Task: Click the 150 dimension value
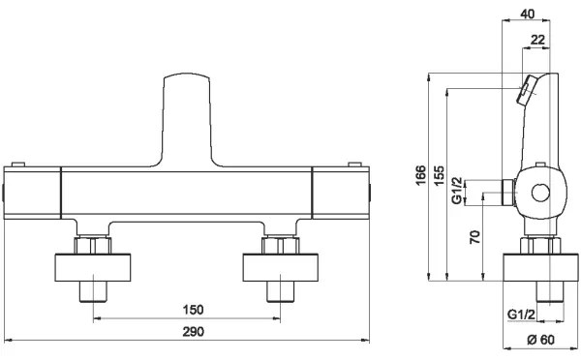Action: (x=193, y=310)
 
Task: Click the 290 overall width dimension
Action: (x=193, y=331)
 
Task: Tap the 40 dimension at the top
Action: (x=528, y=15)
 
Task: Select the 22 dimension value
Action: (x=537, y=40)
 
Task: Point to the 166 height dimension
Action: (x=420, y=175)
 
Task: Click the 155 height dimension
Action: (x=439, y=175)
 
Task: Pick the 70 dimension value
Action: (x=474, y=237)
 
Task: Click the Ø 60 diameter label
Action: (x=541, y=340)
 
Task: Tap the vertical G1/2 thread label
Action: (x=457, y=191)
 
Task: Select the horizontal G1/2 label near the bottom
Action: (x=521, y=315)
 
